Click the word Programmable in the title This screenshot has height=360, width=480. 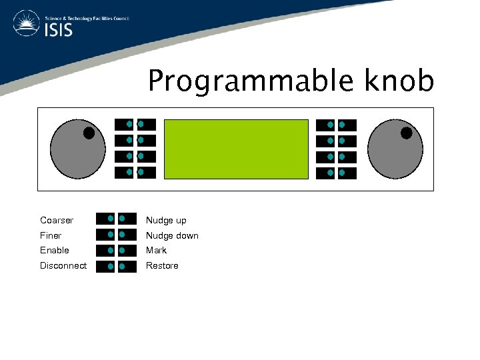[x=252, y=81]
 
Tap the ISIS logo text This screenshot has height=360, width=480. [x=59, y=31]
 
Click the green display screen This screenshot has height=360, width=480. [x=236, y=149]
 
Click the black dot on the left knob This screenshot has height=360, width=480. [x=89, y=133]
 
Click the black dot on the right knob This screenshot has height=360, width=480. [x=406, y=133]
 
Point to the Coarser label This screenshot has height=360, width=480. [x=57, y=220]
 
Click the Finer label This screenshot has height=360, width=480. [x=51, y=235]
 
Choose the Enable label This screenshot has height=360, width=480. [x=55, y=250]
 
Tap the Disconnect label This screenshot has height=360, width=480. [x=63, y=265]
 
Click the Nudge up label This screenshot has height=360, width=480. [x=166, y=220]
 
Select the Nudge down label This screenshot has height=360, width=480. [x=172, y=235]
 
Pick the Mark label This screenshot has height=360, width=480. [x=157, y=250]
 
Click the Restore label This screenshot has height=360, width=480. [x=162, y=265]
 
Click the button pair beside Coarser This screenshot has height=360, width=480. [x=116, y=219]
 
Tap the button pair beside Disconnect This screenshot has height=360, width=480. [x=116, y=267]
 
